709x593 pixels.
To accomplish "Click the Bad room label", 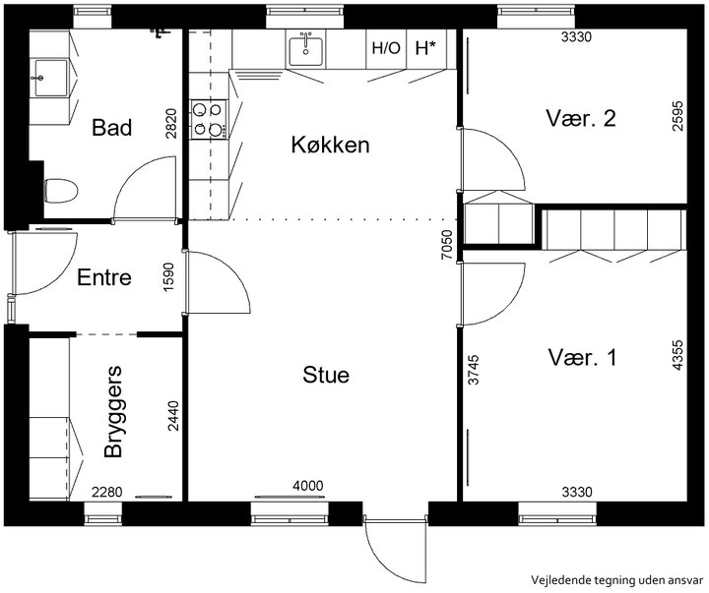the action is click(x=111, y=128).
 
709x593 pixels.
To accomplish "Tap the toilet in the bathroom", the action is click(x=61, y=190).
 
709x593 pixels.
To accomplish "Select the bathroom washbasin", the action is click(x=51, y=78).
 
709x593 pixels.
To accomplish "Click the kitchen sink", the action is click(x=305, y=51).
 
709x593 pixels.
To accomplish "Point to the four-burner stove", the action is click(x=209, y=120).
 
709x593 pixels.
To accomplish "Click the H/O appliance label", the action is click(x=386, y=48).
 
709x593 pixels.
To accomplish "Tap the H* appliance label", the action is click(x=425, y=47).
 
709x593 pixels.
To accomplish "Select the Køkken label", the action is click(x=330, y=145).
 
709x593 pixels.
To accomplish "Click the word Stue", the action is click(x=326, y=375).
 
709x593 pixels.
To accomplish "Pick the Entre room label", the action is click(x=104, y=277).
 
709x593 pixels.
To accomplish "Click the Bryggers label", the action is click(x=113, y=411).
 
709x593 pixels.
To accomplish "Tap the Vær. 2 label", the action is click(x=581, y=118).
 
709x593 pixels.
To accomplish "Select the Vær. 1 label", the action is click(x=582, y=357).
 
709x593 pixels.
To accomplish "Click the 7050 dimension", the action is click(x=447, y=244).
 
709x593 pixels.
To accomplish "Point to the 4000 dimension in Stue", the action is click(x=308, y=486).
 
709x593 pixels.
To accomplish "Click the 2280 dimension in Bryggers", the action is click(x=106, y=492).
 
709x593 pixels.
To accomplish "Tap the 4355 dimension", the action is click(x=677, y=355).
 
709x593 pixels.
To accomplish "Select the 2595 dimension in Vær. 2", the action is click(x=677, y=116).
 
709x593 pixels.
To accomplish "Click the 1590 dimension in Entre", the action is click(x=168, y=277).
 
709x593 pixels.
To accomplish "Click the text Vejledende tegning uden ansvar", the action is click(x=617, y=579).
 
